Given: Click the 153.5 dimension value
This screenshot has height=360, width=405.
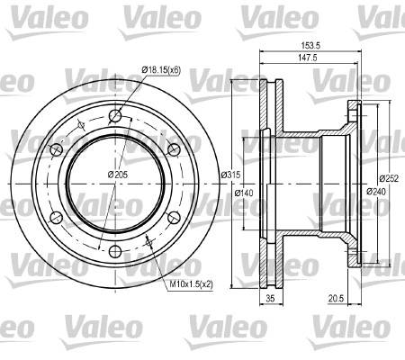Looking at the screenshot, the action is pyautogui.click(x=310, y=45).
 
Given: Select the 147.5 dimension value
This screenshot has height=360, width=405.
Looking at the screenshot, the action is pyautogui.click(x=308, y=58).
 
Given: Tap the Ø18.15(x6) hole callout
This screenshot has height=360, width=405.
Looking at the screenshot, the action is pyautogui.click(x=161, y=70).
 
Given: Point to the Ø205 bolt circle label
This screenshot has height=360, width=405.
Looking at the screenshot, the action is pyautogui.click(x=118, y=174).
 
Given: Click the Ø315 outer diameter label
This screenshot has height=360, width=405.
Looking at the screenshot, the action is pyautogui.click(x=230, y=175).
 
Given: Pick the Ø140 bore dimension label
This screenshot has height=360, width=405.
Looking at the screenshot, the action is pyautogui.click(x=244, y=193).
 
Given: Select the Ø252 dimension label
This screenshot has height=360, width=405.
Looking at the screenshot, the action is pyautogui.click(x=389, y=178).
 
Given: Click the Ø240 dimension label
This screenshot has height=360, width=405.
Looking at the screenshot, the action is pyautogui.click(x=376, y=191).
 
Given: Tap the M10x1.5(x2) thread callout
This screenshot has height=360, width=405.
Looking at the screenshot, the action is pyautogui.click(x=191, y=283).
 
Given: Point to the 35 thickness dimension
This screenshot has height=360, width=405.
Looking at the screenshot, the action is pyautogui.click(x=271, y=298).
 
